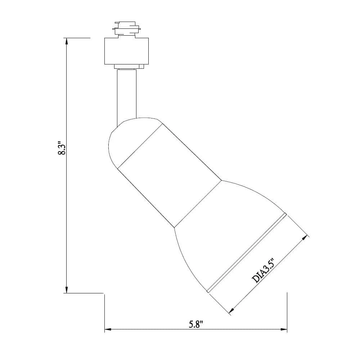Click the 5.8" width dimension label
click(x=196, y=324)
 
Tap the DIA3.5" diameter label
click(x=263, y=270)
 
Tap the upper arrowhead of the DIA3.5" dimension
click(x=305, y=238)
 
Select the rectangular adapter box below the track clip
click(x=126, y=51)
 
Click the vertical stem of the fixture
click(x=126, y=95)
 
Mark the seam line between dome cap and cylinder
click(x=140, y=146)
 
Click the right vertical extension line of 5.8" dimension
click(x=287, y=306)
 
